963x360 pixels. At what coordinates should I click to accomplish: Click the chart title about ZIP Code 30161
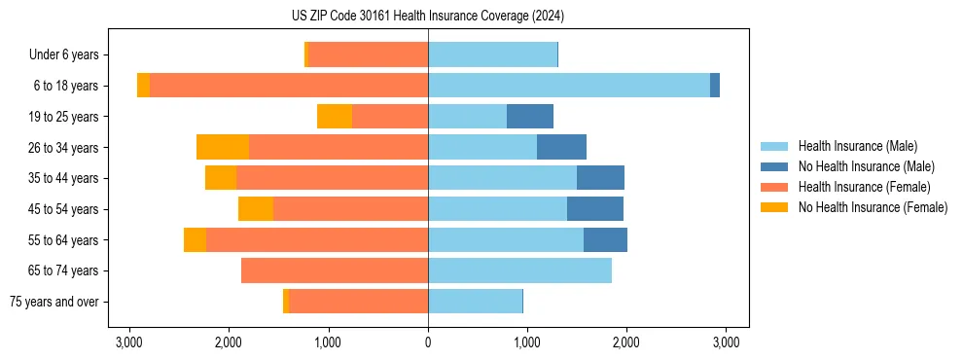(x=427, y=17)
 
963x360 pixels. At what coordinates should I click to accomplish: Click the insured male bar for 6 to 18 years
(x=569, y=86)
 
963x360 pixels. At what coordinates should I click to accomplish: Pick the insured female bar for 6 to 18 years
(x=289, y=86)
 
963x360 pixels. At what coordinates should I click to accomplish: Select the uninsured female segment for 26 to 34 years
(x=223, y=147)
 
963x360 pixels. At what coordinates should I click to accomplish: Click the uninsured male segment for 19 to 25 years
(x=530, y=117)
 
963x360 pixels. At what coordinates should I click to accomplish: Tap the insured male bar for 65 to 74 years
(x=519, y=270)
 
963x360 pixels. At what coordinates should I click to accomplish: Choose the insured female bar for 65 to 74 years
(x=335, y=270)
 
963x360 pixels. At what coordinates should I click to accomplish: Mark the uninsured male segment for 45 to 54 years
(x=595, y=208)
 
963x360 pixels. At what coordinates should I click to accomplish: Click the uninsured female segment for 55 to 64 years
(x=195, y=239)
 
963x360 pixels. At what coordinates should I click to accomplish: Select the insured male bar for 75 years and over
(x=475, y=302)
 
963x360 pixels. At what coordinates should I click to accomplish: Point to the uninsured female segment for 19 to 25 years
(x=335, y=117)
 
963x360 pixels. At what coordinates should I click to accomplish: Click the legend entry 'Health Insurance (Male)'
(x=857, y=146)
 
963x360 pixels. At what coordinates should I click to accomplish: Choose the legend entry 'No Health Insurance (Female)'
(x=873, y=207)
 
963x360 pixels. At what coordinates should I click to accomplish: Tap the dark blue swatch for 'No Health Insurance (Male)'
(x=774, y=166)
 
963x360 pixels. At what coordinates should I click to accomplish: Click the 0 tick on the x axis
(x=428, y=342)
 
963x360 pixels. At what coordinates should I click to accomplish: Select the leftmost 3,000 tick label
(x=129, y=342)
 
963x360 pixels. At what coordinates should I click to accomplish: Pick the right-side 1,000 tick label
(x=526, y=342)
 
